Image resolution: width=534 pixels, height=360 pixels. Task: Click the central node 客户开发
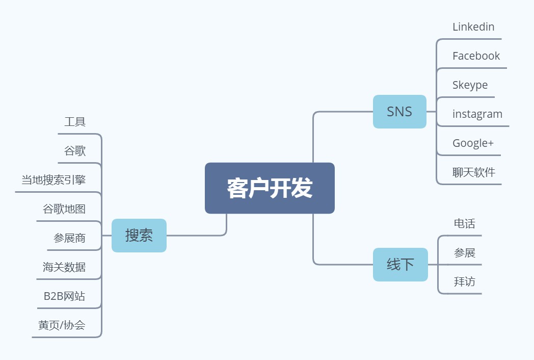(270, 188)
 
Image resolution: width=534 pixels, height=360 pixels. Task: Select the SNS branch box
(399, 112)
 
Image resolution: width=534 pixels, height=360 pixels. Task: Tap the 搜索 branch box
(139, 236)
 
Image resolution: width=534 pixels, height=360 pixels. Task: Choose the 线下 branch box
(400, 265)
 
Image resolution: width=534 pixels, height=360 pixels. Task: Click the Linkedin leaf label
(473, 27)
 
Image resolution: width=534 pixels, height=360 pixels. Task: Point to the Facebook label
(476, 56)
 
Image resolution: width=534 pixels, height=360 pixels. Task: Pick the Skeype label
(470, 85)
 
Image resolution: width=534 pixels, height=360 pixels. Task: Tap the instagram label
(477, 114)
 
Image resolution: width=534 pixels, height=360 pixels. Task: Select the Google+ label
(473, 143)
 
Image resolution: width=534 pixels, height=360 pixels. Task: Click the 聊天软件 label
(474, 172)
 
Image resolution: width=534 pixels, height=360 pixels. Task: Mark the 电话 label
(464, 223)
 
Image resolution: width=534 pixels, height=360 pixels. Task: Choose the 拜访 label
(464, 281)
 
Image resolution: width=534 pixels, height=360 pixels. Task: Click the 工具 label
(75, 122)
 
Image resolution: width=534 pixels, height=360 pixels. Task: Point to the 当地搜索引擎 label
(54, 180)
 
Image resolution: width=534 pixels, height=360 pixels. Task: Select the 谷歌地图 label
(64, 209)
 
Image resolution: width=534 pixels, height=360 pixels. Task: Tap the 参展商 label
(69, 238)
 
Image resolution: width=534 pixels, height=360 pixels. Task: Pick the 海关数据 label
(64, 267)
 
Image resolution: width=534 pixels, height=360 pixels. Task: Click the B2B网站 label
(64, 296)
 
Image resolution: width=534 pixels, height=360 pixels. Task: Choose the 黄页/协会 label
(62, 325)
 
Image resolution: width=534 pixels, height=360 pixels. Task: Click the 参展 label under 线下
(464, 252)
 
